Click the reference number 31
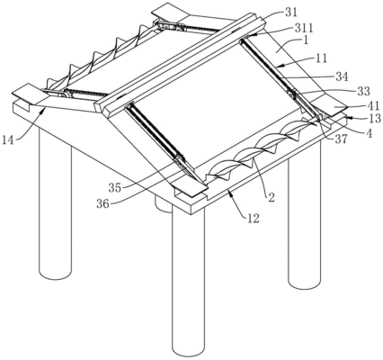click(289, 13)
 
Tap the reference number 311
click(304, 28)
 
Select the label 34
click(342, 76)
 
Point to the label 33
click(363, 91)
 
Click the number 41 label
click(372, 105)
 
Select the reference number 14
click(9, 139)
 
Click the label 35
click(115, 188)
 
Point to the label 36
click(103, 203)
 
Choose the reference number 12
click(253, 219)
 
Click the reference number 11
click(321, 58)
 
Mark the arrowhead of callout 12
click(229, 191)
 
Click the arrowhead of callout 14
click(44, 111)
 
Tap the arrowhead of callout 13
click(349, 117)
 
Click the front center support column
click(188, 282)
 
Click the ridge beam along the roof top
click(180, 64)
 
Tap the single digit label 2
click(271, 198)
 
